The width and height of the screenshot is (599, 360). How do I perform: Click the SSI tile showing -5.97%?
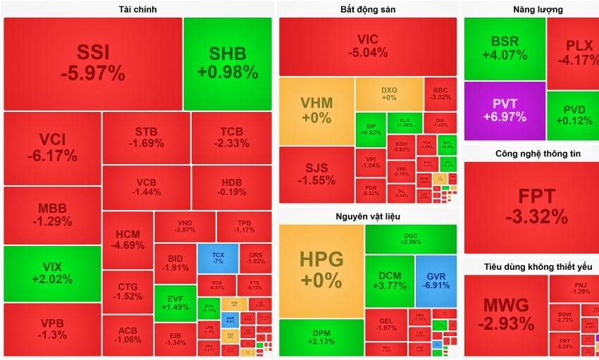tap(92, 63)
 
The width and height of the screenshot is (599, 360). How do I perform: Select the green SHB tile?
tap(228, 63)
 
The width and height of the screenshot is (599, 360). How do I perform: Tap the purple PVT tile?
tap(505, 111)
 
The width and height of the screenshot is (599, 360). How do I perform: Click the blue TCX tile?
tap(217, 258)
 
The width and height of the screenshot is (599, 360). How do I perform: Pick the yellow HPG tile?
tap(321, 270)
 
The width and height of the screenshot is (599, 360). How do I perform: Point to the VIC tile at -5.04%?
tap(367, 46)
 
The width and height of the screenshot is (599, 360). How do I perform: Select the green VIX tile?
tap(52, 273)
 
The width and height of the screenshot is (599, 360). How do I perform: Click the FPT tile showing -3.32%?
tap(532, 206)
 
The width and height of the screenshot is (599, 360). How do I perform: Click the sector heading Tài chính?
tap(137, 9)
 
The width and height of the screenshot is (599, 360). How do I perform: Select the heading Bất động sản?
tap(367, 9)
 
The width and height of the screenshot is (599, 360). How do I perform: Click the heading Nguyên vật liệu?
tap(367, 216)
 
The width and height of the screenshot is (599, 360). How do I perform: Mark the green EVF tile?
tap(175, 303)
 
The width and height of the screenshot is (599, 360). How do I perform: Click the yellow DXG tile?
tap(389, 94)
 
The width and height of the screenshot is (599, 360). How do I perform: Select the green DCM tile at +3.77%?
tap(390, 281)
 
